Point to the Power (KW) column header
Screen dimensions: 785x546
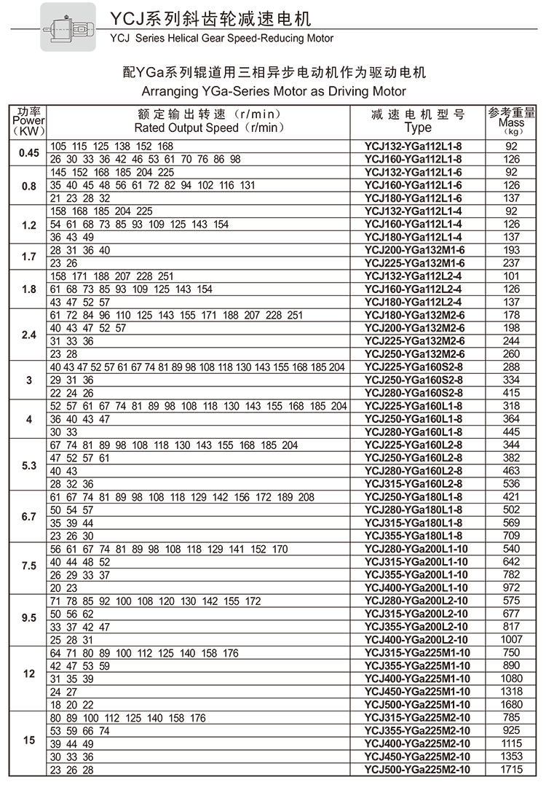(x=28, y=121)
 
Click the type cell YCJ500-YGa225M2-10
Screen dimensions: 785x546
(x=417, y=770)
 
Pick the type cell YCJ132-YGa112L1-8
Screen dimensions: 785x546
(x=417, y=147)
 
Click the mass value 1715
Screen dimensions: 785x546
(x=512, y=770)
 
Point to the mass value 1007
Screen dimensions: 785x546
(x=512, y=639)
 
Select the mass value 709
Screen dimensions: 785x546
(x=512, y=536)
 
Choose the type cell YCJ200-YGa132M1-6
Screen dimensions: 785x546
(x=417, y=250)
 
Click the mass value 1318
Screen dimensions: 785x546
(x=512, y=691)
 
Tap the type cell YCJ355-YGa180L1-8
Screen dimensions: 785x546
(x=417, y=536)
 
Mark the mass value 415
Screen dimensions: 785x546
(x=512, y=393)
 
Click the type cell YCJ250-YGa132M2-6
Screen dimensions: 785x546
(x=417, y=354)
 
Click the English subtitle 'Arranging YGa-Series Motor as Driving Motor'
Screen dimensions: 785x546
(x=273, y=92)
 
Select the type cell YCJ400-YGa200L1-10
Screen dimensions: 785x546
(x=417, y=587)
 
